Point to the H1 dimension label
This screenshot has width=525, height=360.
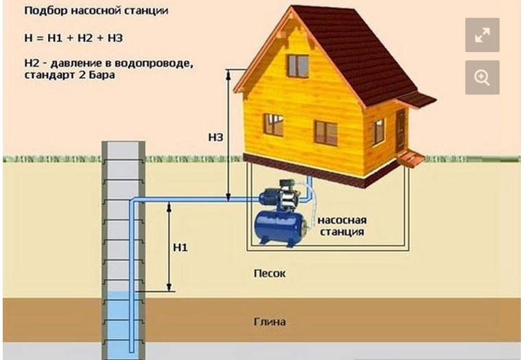[180, 247]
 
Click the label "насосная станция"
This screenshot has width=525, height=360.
[341, 226]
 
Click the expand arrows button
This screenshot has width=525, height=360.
[482, 35]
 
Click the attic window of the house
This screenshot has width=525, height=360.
[298, 66]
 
